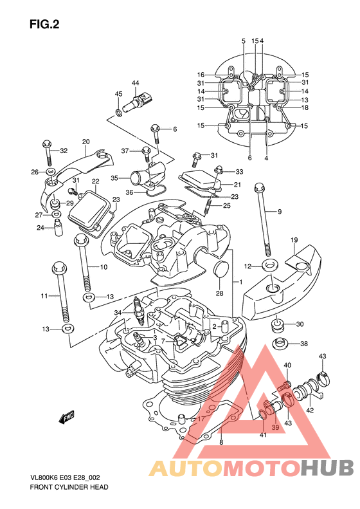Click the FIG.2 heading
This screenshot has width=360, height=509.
[44, 24]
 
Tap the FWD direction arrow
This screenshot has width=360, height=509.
[66, 417]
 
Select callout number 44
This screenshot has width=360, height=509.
[135, 83]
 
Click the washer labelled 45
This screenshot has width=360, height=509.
[119, 113]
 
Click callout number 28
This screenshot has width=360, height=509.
[220, 293]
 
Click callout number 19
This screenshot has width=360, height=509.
[294, 240]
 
